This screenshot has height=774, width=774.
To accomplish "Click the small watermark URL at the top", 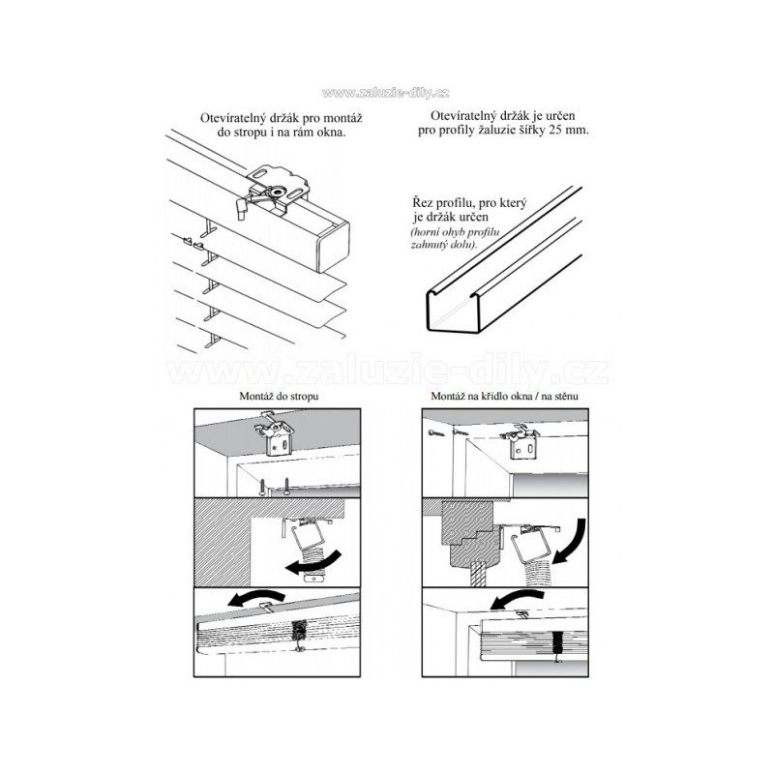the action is pyautogui.click(x=385, y=93).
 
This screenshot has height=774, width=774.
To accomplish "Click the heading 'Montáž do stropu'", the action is pyautogui.click(x=279, y=396).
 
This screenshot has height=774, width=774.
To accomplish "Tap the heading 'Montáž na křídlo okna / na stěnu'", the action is pyautogui.click(x=504, y=396).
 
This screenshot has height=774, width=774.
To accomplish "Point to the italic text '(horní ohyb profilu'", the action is pyautogui.click(x=455, y=232).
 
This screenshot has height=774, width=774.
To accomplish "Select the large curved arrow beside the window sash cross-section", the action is pyautogui.click(x=570, y=541).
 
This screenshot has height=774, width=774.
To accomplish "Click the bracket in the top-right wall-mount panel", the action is pyautogui.click(x=521, y=443).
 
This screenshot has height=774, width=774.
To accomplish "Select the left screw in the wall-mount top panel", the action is pyautogui.click(x=433, y=432).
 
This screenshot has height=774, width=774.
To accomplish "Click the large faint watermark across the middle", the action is pyautogui.click(x=387, y=370).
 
